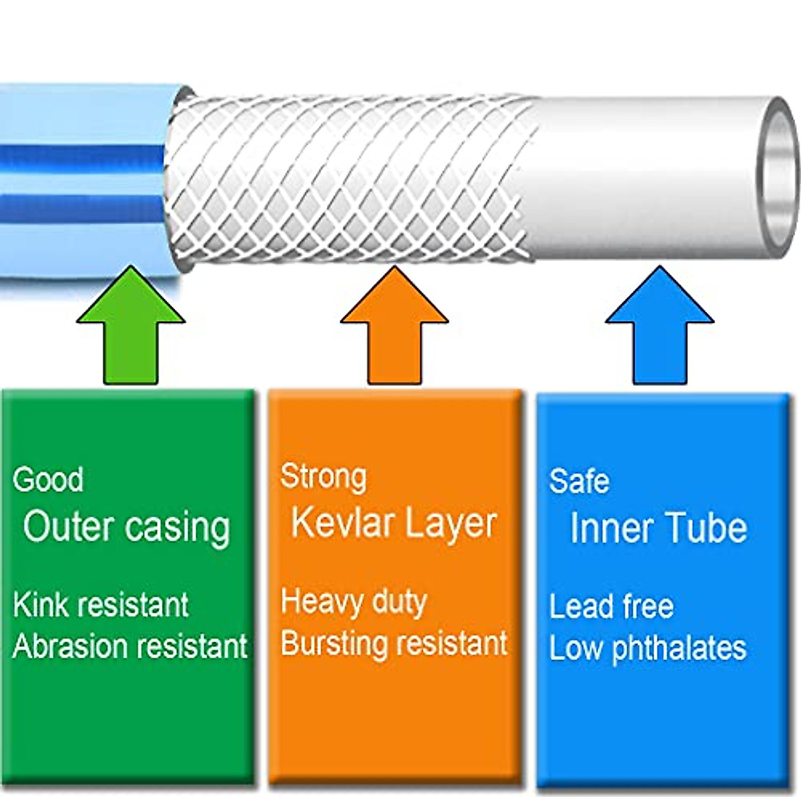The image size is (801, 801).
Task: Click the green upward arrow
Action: tap(131, 325)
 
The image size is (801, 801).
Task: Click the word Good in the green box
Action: tap(48, 479)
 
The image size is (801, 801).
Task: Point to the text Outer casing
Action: tap(126, 528)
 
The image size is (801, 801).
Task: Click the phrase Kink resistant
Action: tap(101, 605)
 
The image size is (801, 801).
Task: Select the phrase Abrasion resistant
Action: tap(130, 645)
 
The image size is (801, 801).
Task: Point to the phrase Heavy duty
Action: tap(354, 603)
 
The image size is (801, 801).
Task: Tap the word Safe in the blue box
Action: tap(579, 481)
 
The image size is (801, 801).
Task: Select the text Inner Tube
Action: tap(658, 528)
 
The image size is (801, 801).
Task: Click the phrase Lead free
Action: tap(611, 607)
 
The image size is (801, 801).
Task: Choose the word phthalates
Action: tap(680, 649)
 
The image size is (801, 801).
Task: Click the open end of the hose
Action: tap(778, 178)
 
